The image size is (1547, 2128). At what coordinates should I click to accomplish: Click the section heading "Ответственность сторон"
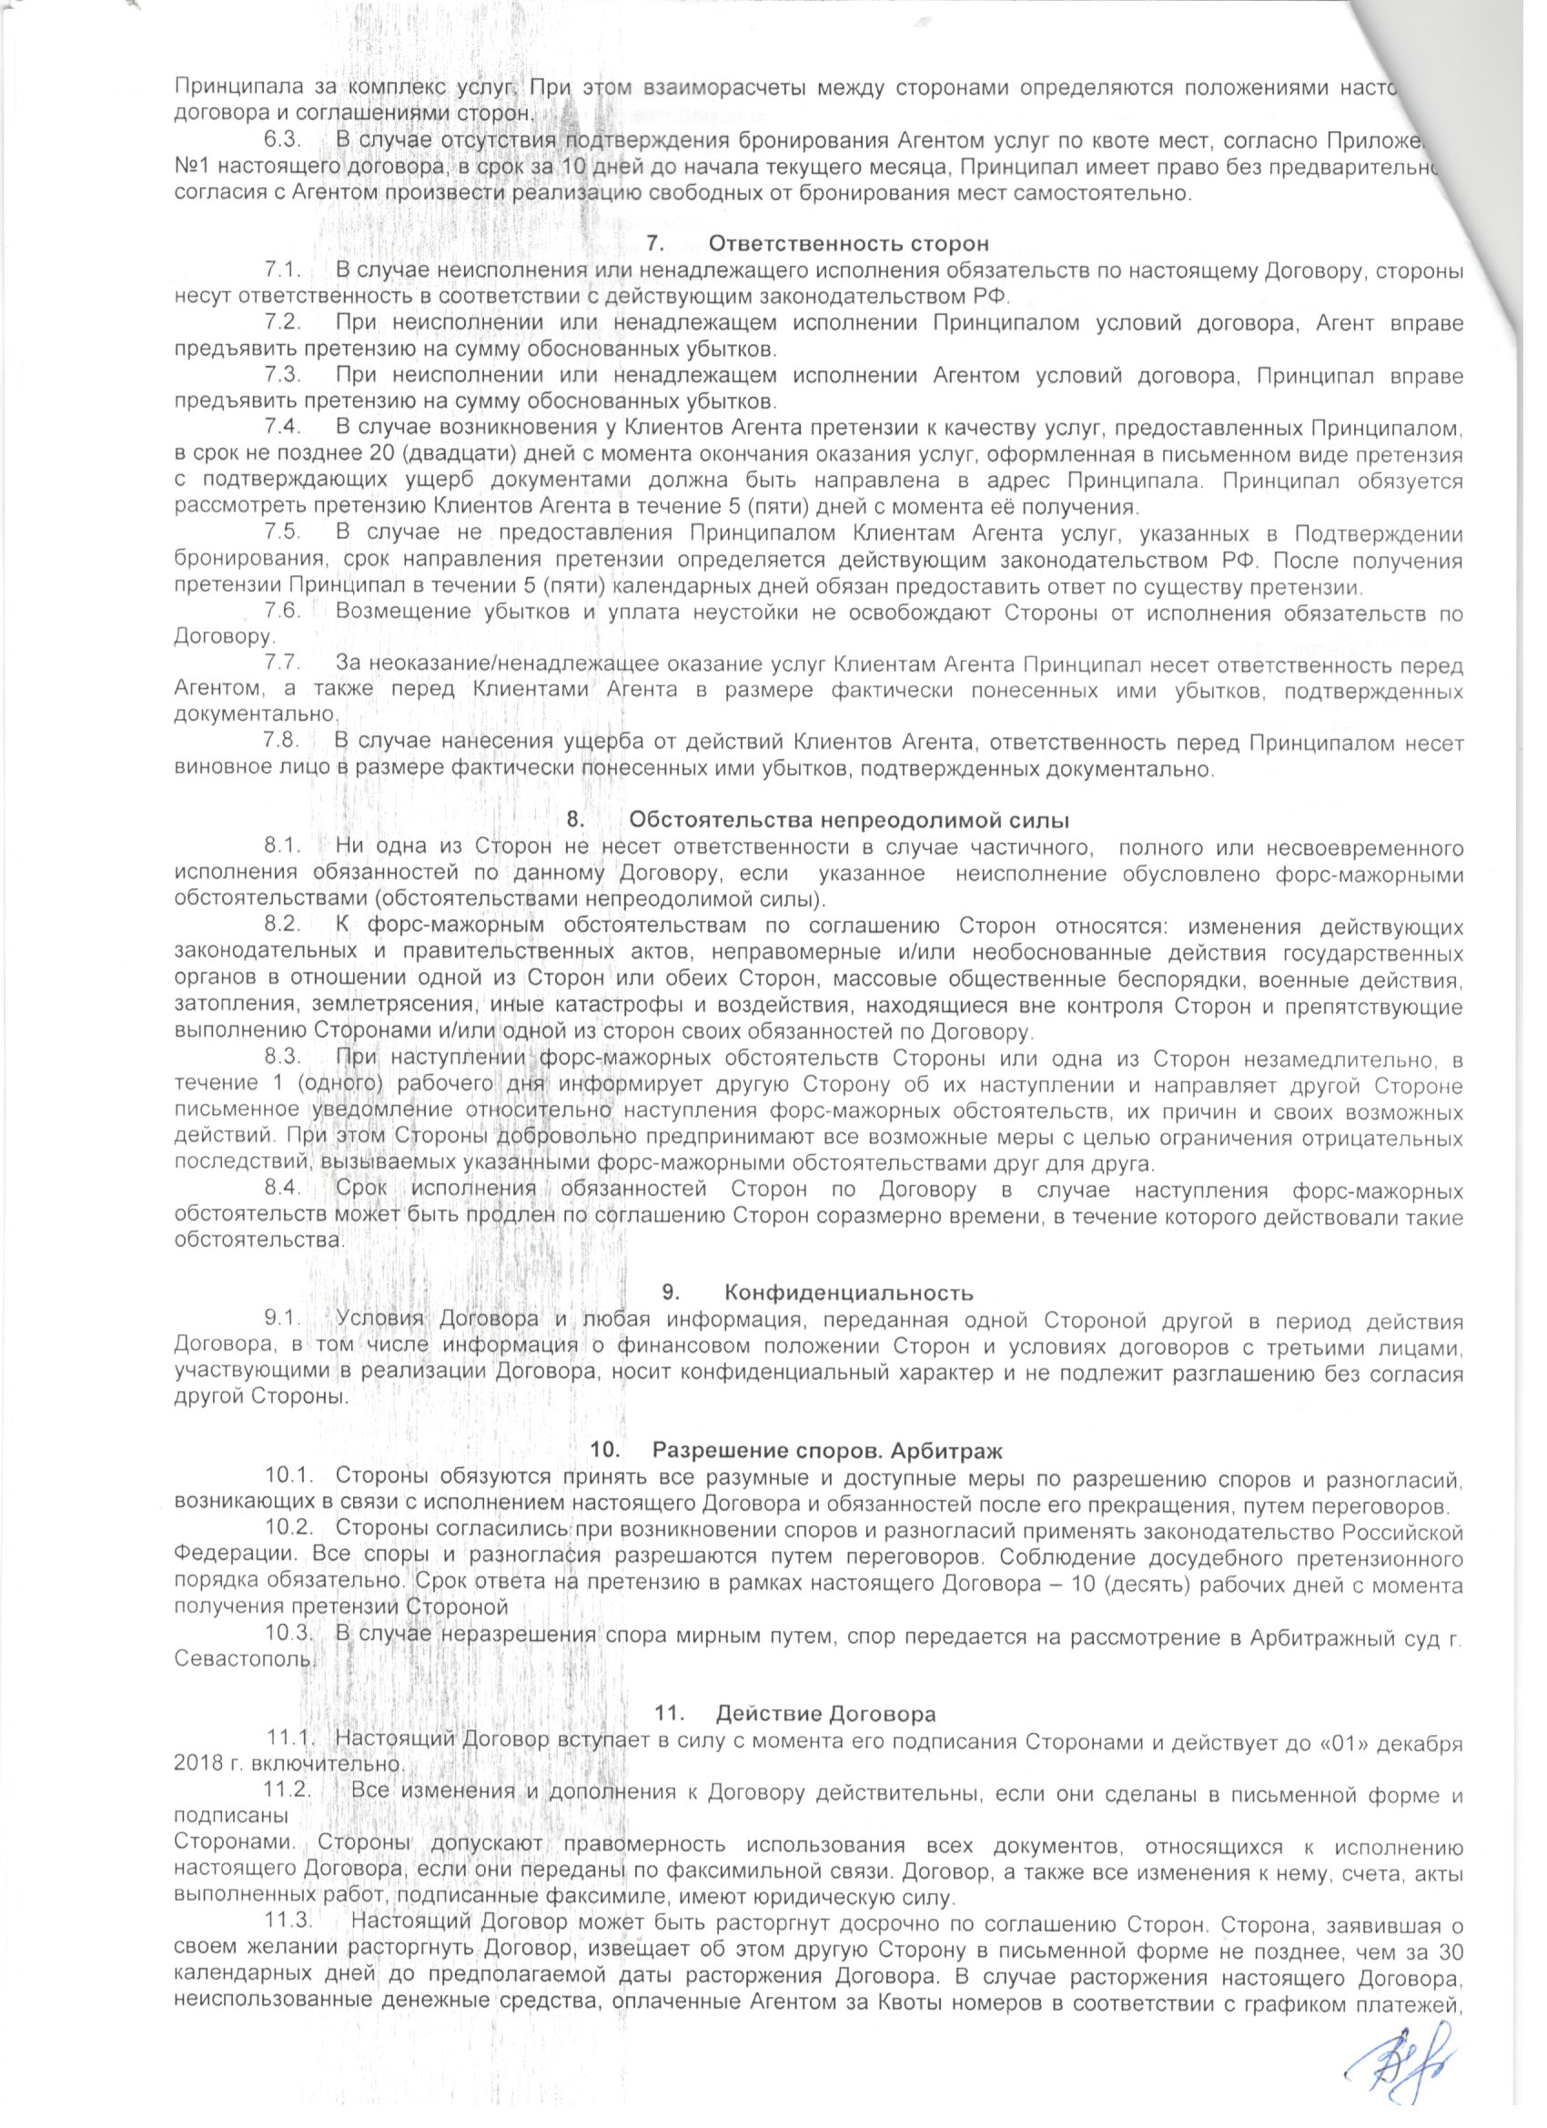(x=848, y=244)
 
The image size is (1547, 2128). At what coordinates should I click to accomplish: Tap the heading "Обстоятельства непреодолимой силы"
(x=850, y=819)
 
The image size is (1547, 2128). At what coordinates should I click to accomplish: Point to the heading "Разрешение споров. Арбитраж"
(x=827, y=1451)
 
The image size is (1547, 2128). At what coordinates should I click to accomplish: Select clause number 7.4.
(x=283, y=428)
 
